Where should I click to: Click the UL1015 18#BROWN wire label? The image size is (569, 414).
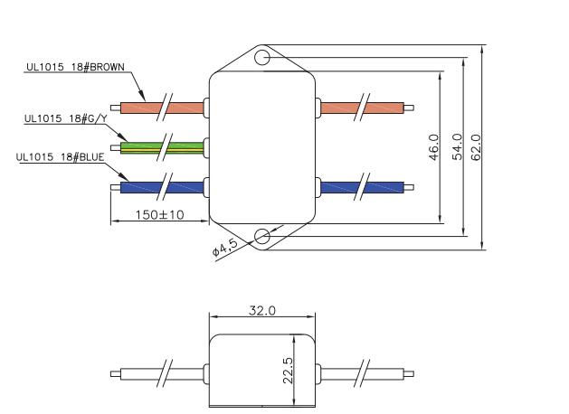pos(75,67)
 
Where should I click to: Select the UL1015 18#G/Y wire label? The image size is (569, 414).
pos(66,118)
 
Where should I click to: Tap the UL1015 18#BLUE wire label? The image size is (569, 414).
pos(61,157)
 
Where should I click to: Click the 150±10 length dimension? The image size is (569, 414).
pos(160,214)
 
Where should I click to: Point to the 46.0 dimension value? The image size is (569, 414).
pos(434,147)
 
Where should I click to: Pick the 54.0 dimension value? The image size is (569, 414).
pos(457,146)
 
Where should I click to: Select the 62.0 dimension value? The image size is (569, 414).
pos(476,146)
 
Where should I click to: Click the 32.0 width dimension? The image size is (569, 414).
pos(262,310)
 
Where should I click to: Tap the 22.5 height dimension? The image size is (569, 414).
pos(288,371)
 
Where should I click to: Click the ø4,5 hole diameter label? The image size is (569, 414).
pos(225,248)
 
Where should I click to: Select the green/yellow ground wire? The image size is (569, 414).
pos(162,148)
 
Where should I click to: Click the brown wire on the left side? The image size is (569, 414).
pos(162,108)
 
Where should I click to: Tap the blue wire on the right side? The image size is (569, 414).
pos(362,187)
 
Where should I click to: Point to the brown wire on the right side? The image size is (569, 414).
pos(362,108)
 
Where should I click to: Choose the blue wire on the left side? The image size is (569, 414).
pos(162,187)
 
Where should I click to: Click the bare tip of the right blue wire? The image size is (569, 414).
pos(409,187)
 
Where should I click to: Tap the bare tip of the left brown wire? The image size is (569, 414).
pos(116,108)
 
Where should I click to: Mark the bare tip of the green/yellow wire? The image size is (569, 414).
pos(116,148)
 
